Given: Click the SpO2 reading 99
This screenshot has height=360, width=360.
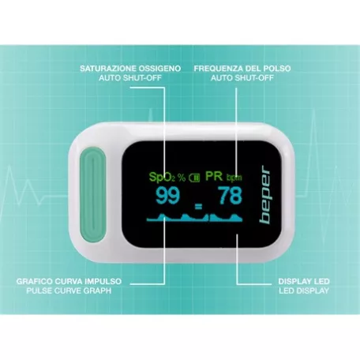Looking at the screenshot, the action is pos(168,196).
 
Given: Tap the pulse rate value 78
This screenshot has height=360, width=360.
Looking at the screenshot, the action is pos(231,196).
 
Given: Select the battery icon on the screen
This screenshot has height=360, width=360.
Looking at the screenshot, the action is pos(194,178).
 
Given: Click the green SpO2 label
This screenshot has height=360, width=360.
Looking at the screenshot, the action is pos(162,177).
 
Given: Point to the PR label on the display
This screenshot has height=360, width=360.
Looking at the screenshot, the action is pos(214,176).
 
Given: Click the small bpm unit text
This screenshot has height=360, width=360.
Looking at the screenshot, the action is pos(234,178).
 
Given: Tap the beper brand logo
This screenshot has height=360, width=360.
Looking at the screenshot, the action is pos(265,194).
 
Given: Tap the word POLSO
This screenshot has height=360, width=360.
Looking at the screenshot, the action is pos(277,69).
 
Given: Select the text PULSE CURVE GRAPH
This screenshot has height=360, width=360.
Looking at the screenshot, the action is pos(69,291).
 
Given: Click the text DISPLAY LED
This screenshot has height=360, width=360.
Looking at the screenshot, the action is pos(304,281).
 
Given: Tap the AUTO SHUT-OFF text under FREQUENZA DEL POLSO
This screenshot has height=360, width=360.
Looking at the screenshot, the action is pos(242,78).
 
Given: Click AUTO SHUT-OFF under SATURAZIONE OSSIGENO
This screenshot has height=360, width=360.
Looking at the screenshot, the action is pos(130,78).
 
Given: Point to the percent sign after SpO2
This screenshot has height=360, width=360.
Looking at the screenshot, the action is pos(182,178).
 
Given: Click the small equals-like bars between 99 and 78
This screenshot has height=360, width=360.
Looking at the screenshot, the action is pos(198,207).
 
